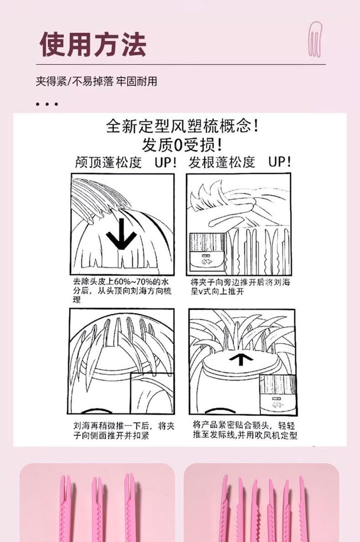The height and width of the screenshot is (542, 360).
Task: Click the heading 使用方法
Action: coord(93,44)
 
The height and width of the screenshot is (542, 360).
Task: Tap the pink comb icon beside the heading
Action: coord(314,39)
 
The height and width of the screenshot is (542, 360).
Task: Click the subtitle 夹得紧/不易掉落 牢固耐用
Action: coord(97,81)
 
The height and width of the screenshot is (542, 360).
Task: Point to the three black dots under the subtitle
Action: coord(46,103)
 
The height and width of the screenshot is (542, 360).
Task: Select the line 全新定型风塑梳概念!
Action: coord(182,126)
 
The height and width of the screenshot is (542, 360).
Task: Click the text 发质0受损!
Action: coord(182,145)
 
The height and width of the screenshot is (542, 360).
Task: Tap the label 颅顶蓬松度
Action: coord(108,162)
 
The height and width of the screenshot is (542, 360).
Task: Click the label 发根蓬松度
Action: coord(221,162)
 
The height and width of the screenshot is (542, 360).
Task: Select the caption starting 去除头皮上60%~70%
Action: coord(122,290)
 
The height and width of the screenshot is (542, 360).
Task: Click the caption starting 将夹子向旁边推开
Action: coord(241,287)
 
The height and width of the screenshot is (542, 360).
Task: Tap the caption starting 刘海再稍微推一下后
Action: coord(123,430)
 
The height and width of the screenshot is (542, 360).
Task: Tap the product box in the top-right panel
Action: coord(207,252)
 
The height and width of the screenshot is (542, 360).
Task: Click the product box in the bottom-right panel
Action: coord(278,394)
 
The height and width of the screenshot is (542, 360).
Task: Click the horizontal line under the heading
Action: coord(181,65)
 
